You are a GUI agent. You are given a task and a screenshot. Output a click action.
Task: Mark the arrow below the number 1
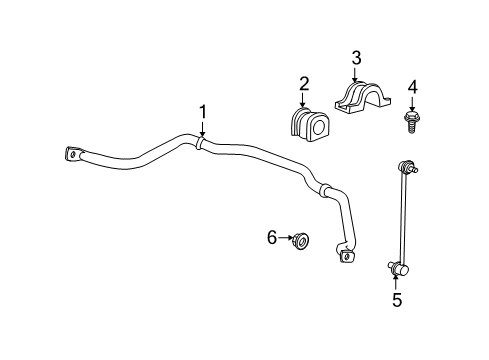click(x=201, y=129)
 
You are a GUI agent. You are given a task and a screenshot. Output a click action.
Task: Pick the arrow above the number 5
click(x=396, y=281)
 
